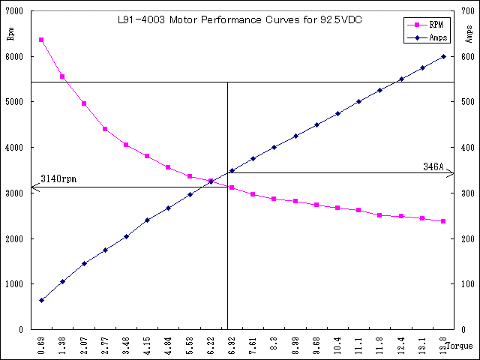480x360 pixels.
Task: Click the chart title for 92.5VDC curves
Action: coord(241,20)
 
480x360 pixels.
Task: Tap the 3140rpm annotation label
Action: coord(58,179)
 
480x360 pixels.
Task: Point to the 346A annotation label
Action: coord(434,166)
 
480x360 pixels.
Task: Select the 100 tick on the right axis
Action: coord(467,284)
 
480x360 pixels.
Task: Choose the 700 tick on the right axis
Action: coord(467,11)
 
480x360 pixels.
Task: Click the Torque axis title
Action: coord(459,346)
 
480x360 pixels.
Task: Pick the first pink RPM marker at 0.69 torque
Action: coord(41,40)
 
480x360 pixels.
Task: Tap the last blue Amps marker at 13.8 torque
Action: coord(443,56)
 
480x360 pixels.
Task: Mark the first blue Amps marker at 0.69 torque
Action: coord(41,300)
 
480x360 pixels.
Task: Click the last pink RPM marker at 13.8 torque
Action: coord(443,221)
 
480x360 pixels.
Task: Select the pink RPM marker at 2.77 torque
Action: coord(105,129)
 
